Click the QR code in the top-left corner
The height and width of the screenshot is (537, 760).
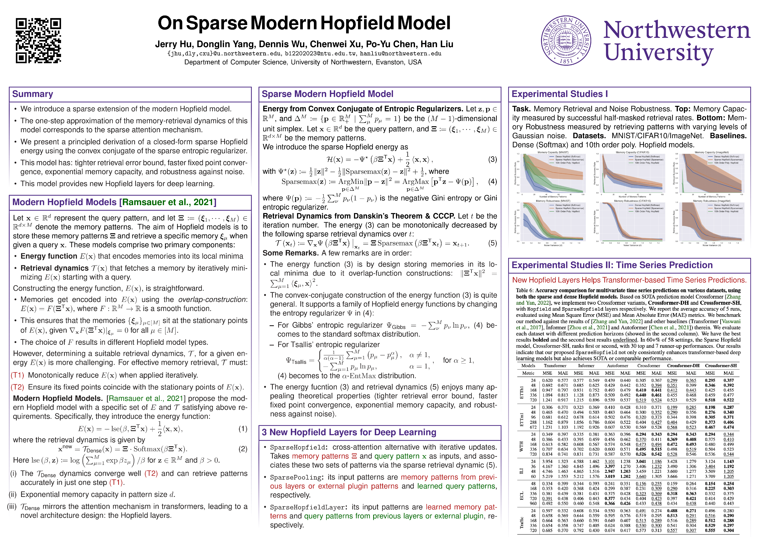point(38,41)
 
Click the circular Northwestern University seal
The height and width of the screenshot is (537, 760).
point(566,40)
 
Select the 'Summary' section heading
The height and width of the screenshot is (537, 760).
point(32,94)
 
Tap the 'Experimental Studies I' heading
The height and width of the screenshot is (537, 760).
point(559,94)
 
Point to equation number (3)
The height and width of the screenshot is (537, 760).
point(492,159)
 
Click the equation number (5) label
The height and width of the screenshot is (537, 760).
point(492,243)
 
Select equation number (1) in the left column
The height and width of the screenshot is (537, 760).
point(243,429)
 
